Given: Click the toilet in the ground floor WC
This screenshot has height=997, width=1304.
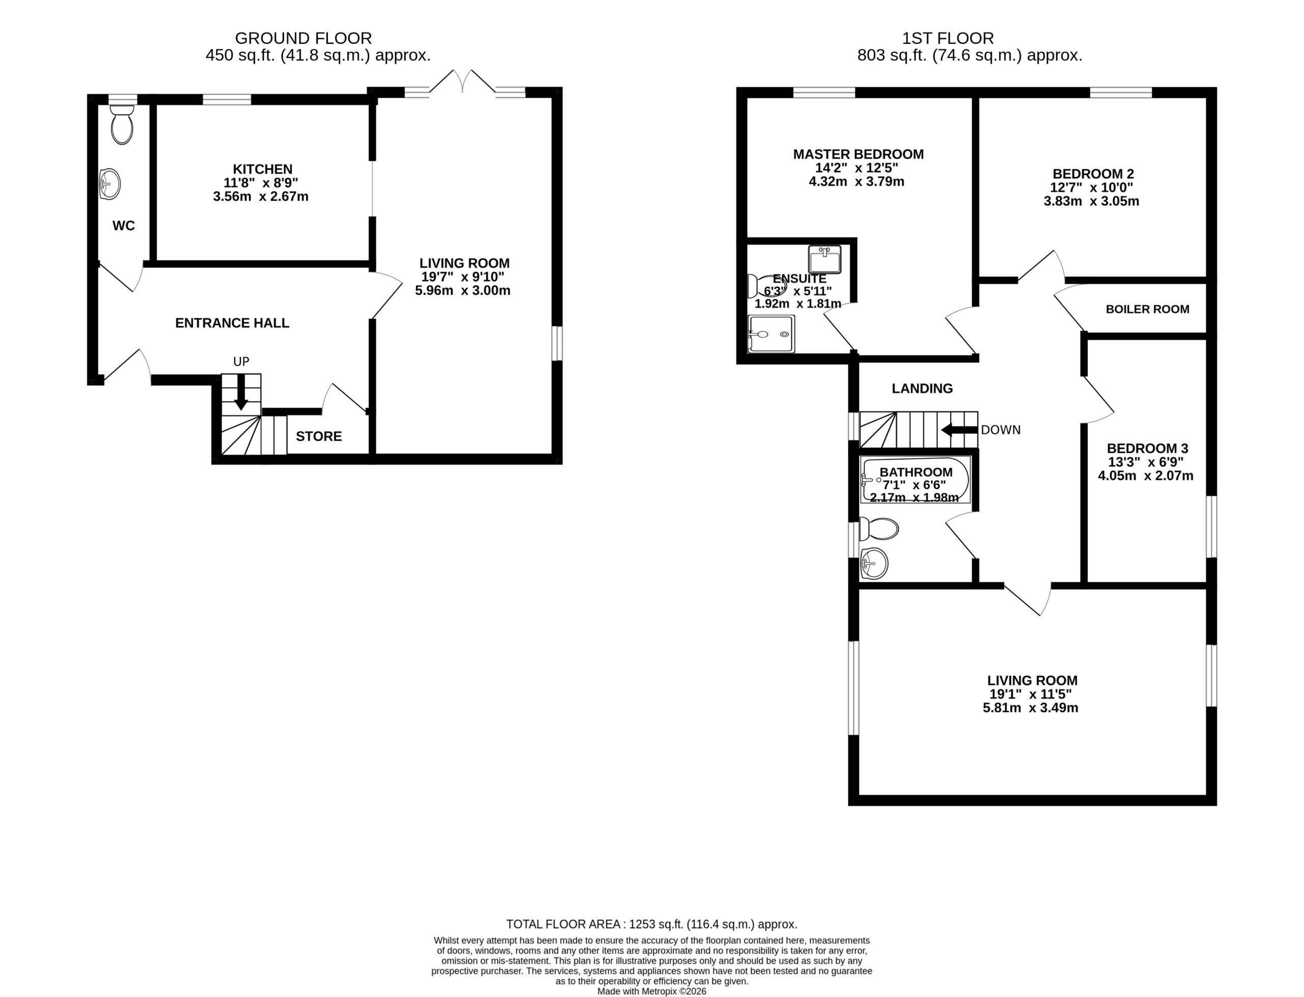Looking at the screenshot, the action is [122, 125].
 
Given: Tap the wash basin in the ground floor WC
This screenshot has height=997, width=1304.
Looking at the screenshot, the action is [110, 184].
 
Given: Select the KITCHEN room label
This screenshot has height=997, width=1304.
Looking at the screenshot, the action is [262, 169].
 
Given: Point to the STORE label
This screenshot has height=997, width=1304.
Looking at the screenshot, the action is [319, 436].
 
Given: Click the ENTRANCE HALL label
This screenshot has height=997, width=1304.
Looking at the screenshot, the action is [232, 323].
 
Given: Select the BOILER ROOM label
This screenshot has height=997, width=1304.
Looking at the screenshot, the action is [1147, 309].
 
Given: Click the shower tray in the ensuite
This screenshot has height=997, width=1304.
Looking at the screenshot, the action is [770, 334].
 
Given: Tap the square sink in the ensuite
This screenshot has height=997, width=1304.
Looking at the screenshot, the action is [824, 259].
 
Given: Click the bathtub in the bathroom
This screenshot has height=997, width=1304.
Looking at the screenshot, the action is [915, 480].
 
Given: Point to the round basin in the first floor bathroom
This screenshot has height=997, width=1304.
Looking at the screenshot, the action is [874, 563].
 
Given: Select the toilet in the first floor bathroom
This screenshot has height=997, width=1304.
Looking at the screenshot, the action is [879, 529].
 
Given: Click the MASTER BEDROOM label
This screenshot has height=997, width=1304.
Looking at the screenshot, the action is [858, 154].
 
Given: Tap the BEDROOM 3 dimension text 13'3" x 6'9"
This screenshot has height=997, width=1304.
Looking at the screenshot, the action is [1146, 462].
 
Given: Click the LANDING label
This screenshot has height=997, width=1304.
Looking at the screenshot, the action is [922, 388].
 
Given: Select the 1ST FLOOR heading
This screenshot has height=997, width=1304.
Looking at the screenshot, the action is [948, 39].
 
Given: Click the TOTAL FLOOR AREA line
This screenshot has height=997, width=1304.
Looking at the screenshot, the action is [651, 924].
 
